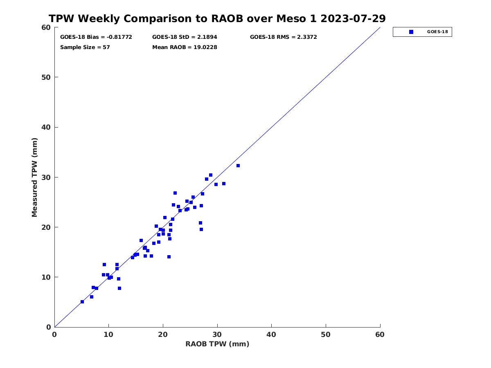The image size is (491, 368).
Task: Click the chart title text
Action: click(x=217, y=18)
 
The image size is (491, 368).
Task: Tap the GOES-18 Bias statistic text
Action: click(x=96, y=37)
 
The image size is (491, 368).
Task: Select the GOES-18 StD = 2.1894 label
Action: click(x=185, y=37)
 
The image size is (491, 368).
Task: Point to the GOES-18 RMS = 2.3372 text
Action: click(x=283, y=37)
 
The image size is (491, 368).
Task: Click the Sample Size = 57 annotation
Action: click(x=85, y=47)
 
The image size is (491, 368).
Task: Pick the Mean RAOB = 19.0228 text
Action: click(x=185, y=47)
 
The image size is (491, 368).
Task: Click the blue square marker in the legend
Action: click(x=411, y=32)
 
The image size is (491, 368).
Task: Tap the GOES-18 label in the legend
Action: click(x=437, y=32)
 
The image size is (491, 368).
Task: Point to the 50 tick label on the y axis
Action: click(x=46, y=77)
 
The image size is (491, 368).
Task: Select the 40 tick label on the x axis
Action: click(x=271, y=334)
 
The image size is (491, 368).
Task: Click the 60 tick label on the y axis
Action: click(x=46, y=27)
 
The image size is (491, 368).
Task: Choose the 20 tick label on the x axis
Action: click(x=163, y=334)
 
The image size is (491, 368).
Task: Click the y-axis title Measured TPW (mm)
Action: click(x=34, y=177)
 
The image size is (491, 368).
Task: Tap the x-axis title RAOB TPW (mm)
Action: click(x=217, y=344)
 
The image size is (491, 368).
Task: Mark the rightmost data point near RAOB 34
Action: click(x=238, y=166)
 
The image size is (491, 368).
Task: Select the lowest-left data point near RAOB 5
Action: click(x=82, y=302)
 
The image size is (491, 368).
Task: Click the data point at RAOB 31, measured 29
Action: click(x=224, y=184)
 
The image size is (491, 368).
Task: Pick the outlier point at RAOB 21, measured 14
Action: click(x=169, y=257)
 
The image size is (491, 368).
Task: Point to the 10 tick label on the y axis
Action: click(x=46, y=277)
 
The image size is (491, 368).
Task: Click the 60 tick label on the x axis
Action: click(x=380, y=334)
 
